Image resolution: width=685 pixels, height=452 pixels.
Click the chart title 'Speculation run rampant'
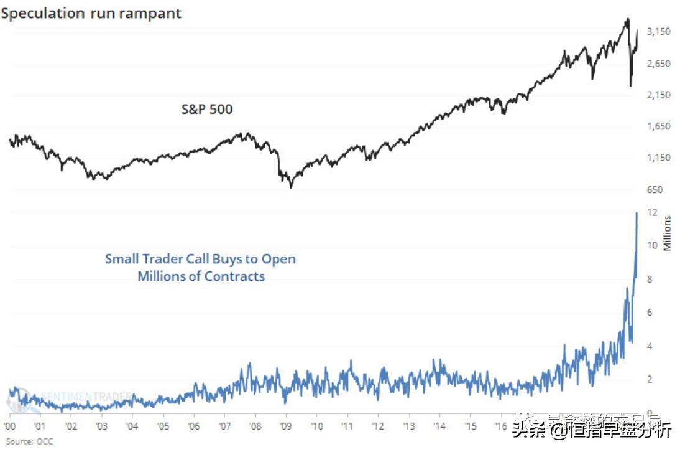click(91, 13)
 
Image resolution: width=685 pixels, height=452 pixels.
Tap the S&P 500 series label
click(207, 110)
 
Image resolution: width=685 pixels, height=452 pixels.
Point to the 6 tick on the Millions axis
click(650, 313)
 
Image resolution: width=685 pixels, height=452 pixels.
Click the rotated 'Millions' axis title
click(668, 233)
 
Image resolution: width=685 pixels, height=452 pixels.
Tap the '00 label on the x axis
click(9, 426)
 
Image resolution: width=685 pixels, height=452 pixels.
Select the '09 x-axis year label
click(286, 426)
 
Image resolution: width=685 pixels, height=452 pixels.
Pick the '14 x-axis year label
click(439, 426)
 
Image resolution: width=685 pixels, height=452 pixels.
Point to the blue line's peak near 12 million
click(637, 214)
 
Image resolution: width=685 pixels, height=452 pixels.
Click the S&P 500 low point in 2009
click(291, 186)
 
